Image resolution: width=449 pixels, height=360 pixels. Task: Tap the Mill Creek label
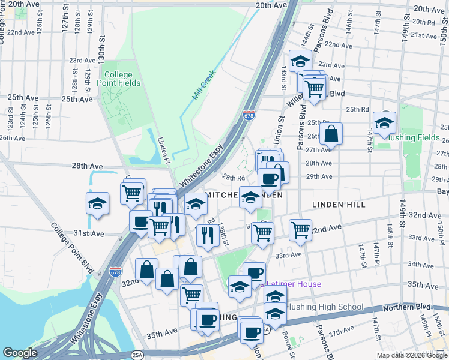203,88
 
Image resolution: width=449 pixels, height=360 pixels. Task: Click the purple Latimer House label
294,284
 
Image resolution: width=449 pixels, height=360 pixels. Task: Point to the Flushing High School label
324,307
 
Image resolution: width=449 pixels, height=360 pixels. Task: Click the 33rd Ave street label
288,255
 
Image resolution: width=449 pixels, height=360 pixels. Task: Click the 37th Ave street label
341,331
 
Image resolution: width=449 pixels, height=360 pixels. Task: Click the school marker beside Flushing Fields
384,122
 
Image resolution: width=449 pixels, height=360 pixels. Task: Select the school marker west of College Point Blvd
97,203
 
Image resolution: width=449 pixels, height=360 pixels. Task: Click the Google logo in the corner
20,353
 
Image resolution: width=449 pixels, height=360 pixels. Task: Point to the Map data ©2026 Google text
412,355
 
